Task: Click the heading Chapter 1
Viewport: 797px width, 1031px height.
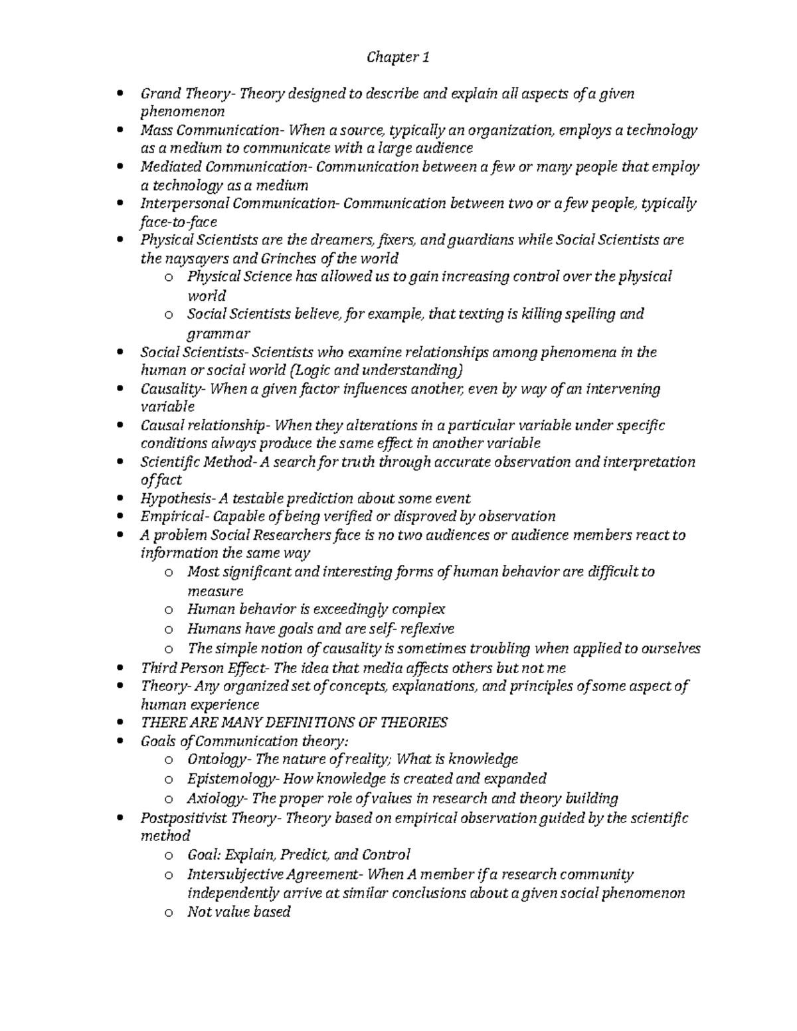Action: tap(398, 58)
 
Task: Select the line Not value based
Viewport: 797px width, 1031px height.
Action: tap(239, 912)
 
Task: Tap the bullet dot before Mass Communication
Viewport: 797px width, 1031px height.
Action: tap(120, 131)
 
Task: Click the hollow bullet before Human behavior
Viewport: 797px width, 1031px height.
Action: tap(169, 609)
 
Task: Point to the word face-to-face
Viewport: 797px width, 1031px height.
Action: tap(179, 222)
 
